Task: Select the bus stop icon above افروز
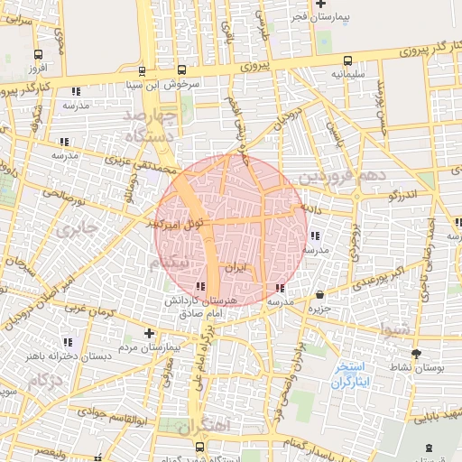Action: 37,54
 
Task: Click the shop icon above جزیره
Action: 321,294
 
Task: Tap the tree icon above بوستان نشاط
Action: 416,354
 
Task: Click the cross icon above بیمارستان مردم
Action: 149,333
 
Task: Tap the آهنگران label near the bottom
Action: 204,424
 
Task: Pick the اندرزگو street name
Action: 402,194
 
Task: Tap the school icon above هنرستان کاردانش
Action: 199,287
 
